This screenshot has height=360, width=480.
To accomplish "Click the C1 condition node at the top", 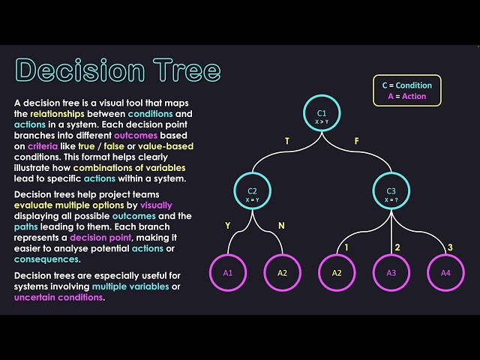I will (321, 115).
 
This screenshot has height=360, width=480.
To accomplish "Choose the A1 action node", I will (228, 272).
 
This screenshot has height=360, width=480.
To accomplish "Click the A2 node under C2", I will (282, 272).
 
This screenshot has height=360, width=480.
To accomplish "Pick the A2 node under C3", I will (337, 272).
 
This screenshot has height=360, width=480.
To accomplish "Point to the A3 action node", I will (391, 272).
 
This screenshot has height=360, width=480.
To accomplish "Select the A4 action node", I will (445, 272).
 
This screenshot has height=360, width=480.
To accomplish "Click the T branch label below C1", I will (286, 141).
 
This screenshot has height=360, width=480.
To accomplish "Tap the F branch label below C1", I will (357, 141).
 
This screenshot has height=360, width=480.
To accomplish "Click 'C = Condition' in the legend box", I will (407, 85).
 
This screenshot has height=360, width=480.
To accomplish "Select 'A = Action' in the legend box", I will (407, 96).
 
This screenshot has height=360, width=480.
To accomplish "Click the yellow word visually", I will (154, 205).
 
